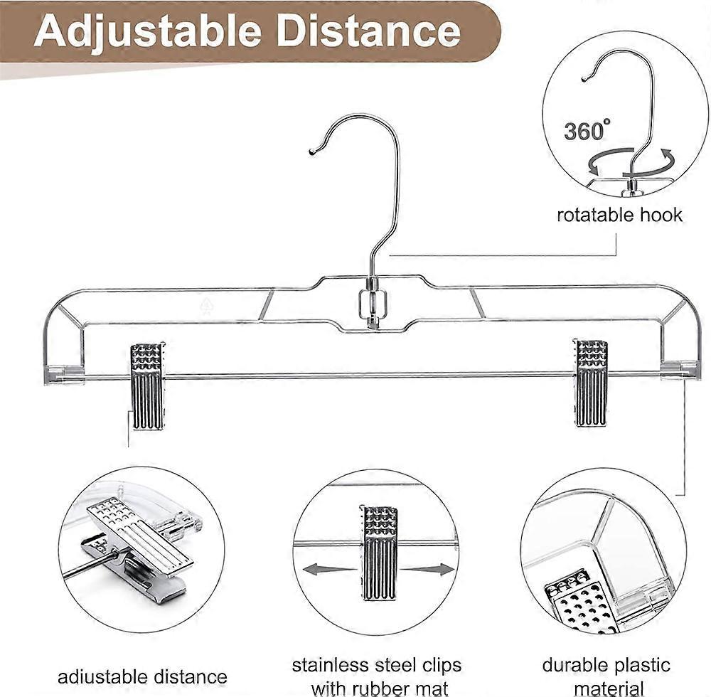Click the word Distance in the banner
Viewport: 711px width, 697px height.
(x=368, y=30)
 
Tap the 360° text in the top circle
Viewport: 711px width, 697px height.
(x=587, y=131)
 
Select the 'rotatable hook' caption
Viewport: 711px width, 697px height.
(x=619, y=215)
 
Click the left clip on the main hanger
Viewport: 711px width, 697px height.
(x=147, y=386)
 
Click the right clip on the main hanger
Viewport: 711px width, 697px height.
(x=590, y=383)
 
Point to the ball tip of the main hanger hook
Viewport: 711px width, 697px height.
(x=312, y=151)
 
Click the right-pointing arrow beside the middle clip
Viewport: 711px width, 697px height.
(x=427, y=570)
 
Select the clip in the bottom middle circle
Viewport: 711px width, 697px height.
(x=379, y=553)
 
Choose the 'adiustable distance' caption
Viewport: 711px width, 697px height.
(x=142, y=677)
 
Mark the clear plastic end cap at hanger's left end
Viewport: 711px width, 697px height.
(x=64, y=375)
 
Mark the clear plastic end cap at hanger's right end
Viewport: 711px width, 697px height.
(x=679, y=370)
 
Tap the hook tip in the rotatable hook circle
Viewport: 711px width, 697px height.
(x=584, y=80)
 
